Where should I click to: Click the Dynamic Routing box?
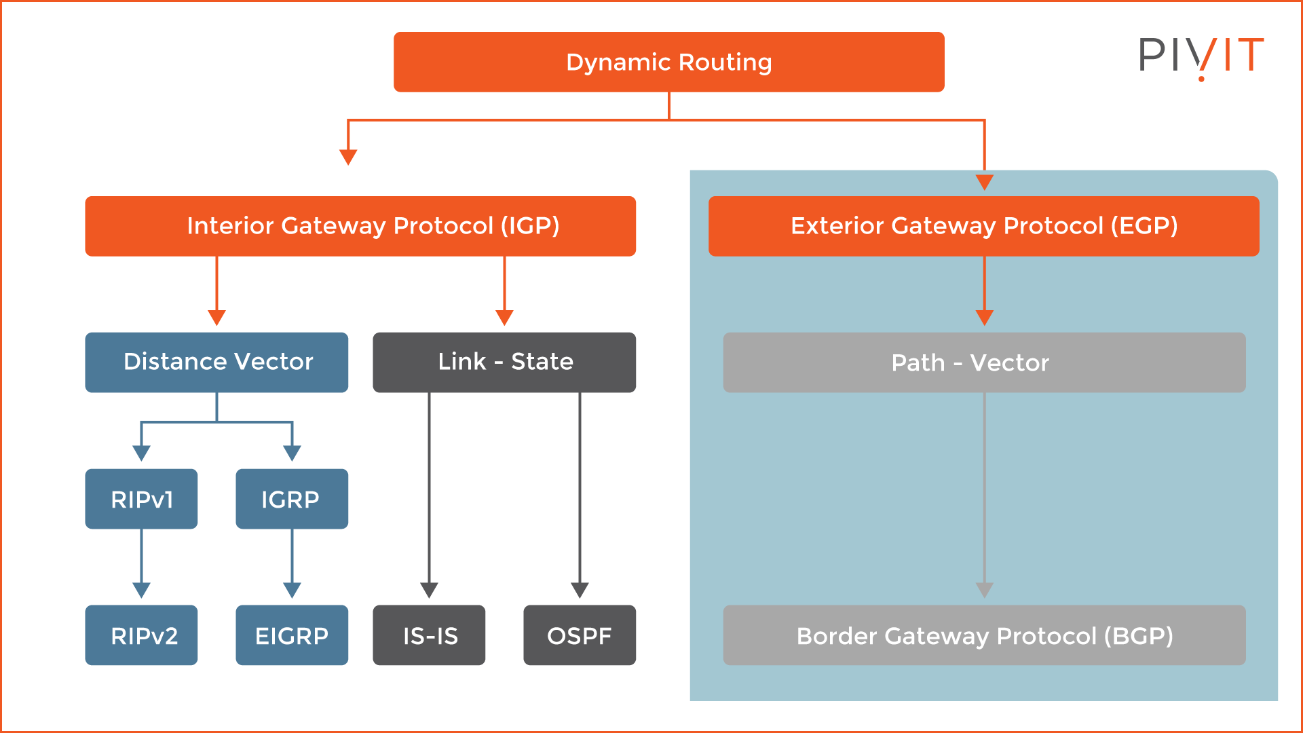[x=668, y=62]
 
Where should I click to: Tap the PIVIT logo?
[x=1201, y=56]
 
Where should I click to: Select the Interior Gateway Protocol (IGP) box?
[x=360, y=226]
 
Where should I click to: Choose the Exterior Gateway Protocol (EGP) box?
[x=983, y=226]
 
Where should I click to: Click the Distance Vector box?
[x=216, y=362]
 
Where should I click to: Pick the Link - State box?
[x=504, y=362]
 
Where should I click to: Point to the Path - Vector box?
[x=984, y=362]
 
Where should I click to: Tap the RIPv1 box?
[x=141, y=499]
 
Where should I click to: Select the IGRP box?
[x=292, y=499]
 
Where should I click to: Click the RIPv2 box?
[x=141, y=635]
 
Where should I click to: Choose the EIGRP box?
[x=292, y=635]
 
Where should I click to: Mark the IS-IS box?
[x=429, y=635]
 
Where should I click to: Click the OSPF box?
[x=580, y=635]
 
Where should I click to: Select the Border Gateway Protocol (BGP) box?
[x=984, y=635]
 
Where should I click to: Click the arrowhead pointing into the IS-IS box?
[x=429, y=590]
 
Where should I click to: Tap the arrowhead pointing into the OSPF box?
[x=580, y=590]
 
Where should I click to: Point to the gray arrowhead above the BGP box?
[x=984, y=590]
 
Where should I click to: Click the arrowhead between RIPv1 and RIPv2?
[x=141, y=590]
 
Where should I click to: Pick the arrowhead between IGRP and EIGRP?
[x=292, y=590]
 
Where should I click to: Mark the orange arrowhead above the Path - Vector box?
[x=984, y=318]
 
